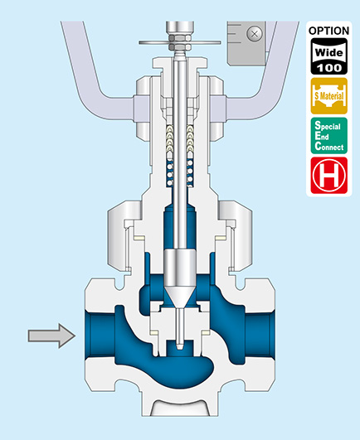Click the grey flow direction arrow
52,336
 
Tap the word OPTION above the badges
328,31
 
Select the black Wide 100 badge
329,56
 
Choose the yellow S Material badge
329,96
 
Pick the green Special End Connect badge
329,136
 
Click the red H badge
329,176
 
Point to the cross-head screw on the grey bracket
255,34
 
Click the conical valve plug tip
180,297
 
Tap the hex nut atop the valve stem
180,41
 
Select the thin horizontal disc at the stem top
180,42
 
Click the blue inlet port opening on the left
100,336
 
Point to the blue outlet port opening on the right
260,336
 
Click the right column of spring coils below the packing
191,174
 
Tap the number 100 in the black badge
329,68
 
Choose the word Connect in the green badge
329,147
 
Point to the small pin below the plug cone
180,329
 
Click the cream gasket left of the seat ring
155,333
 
